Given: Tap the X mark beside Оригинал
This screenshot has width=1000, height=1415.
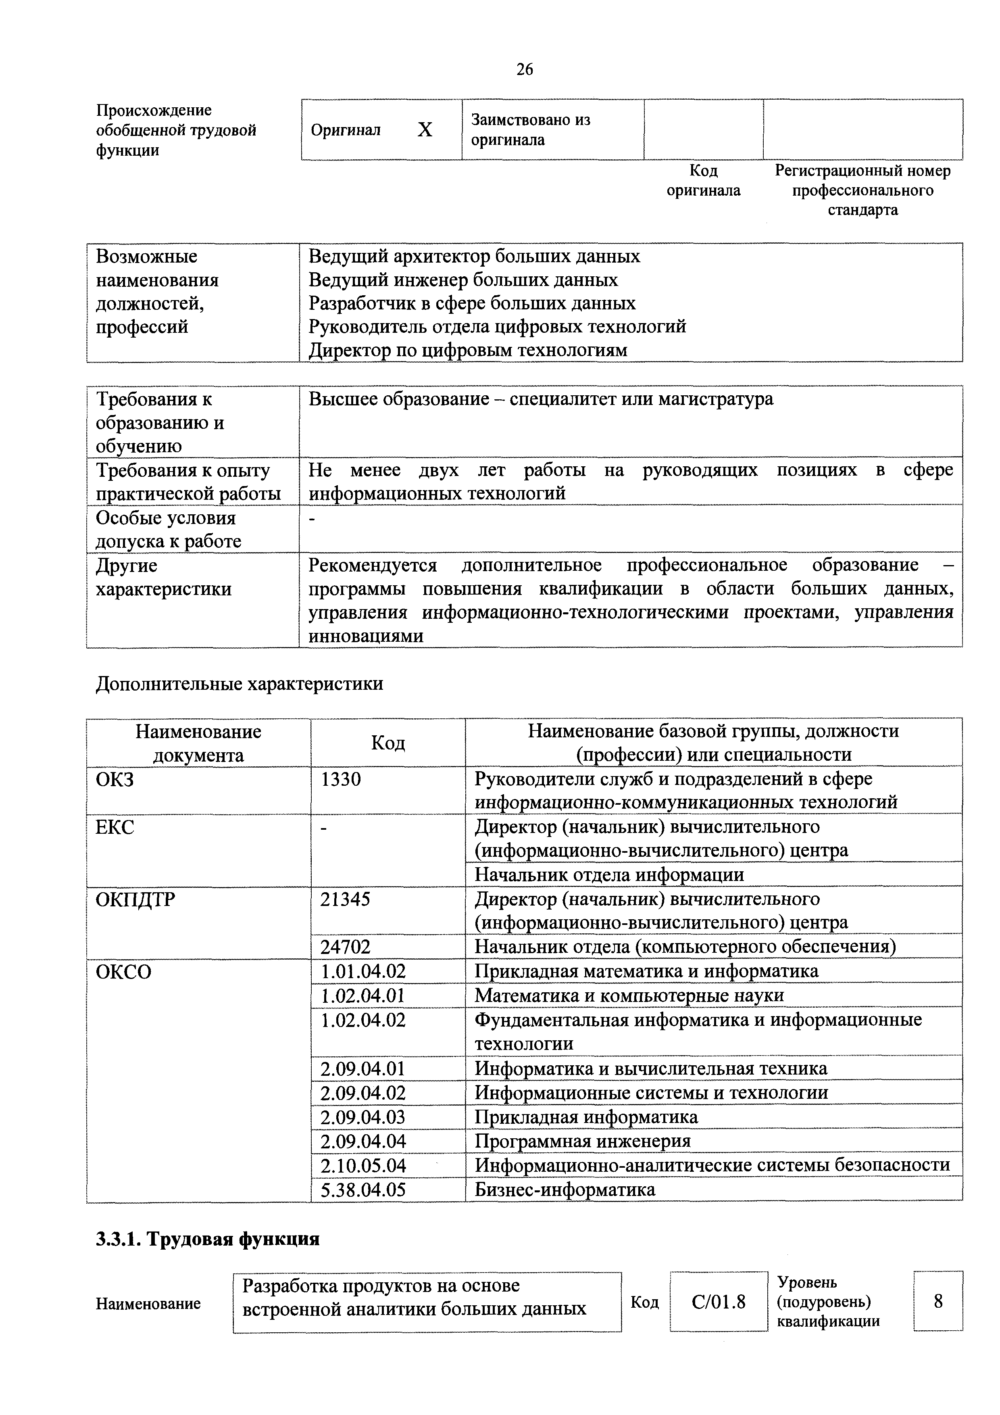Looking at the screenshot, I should coord(425,130).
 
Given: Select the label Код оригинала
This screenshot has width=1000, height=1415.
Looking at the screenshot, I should coord(704,181).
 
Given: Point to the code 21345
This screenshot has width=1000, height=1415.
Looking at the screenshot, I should coord(345,899).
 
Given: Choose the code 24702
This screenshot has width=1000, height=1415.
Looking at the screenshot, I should coord(345,947).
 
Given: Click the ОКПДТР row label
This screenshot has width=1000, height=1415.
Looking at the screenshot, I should coord(135,899).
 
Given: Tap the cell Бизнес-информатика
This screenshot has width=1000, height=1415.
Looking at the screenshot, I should coord(565,1190).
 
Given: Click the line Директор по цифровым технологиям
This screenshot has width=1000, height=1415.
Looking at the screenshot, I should coord(468,350).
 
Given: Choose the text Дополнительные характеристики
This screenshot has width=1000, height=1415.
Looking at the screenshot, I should coord(239,683).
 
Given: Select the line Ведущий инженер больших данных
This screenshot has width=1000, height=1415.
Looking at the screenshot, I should coord(463,280).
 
